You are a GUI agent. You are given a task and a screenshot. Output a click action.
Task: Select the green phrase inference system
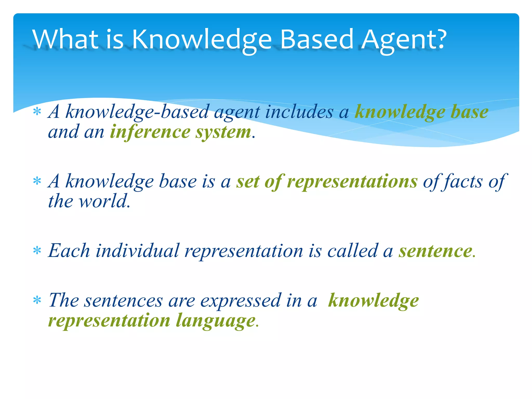tap(180, 132)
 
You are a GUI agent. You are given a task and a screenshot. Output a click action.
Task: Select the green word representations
tap(352, 181)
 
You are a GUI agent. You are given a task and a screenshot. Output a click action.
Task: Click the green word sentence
tap(436, 251)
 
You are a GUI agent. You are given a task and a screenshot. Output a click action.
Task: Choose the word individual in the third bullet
tap(137, 251)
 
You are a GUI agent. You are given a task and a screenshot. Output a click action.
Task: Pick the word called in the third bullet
tap(352, 251)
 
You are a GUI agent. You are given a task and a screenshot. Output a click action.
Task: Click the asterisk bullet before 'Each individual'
tap(37, 251)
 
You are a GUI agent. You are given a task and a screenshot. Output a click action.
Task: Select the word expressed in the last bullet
tap(240, 301)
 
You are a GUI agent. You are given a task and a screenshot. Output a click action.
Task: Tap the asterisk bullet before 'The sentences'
tap(37, 300)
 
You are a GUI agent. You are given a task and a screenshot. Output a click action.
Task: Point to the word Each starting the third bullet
tap(69, 251)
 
